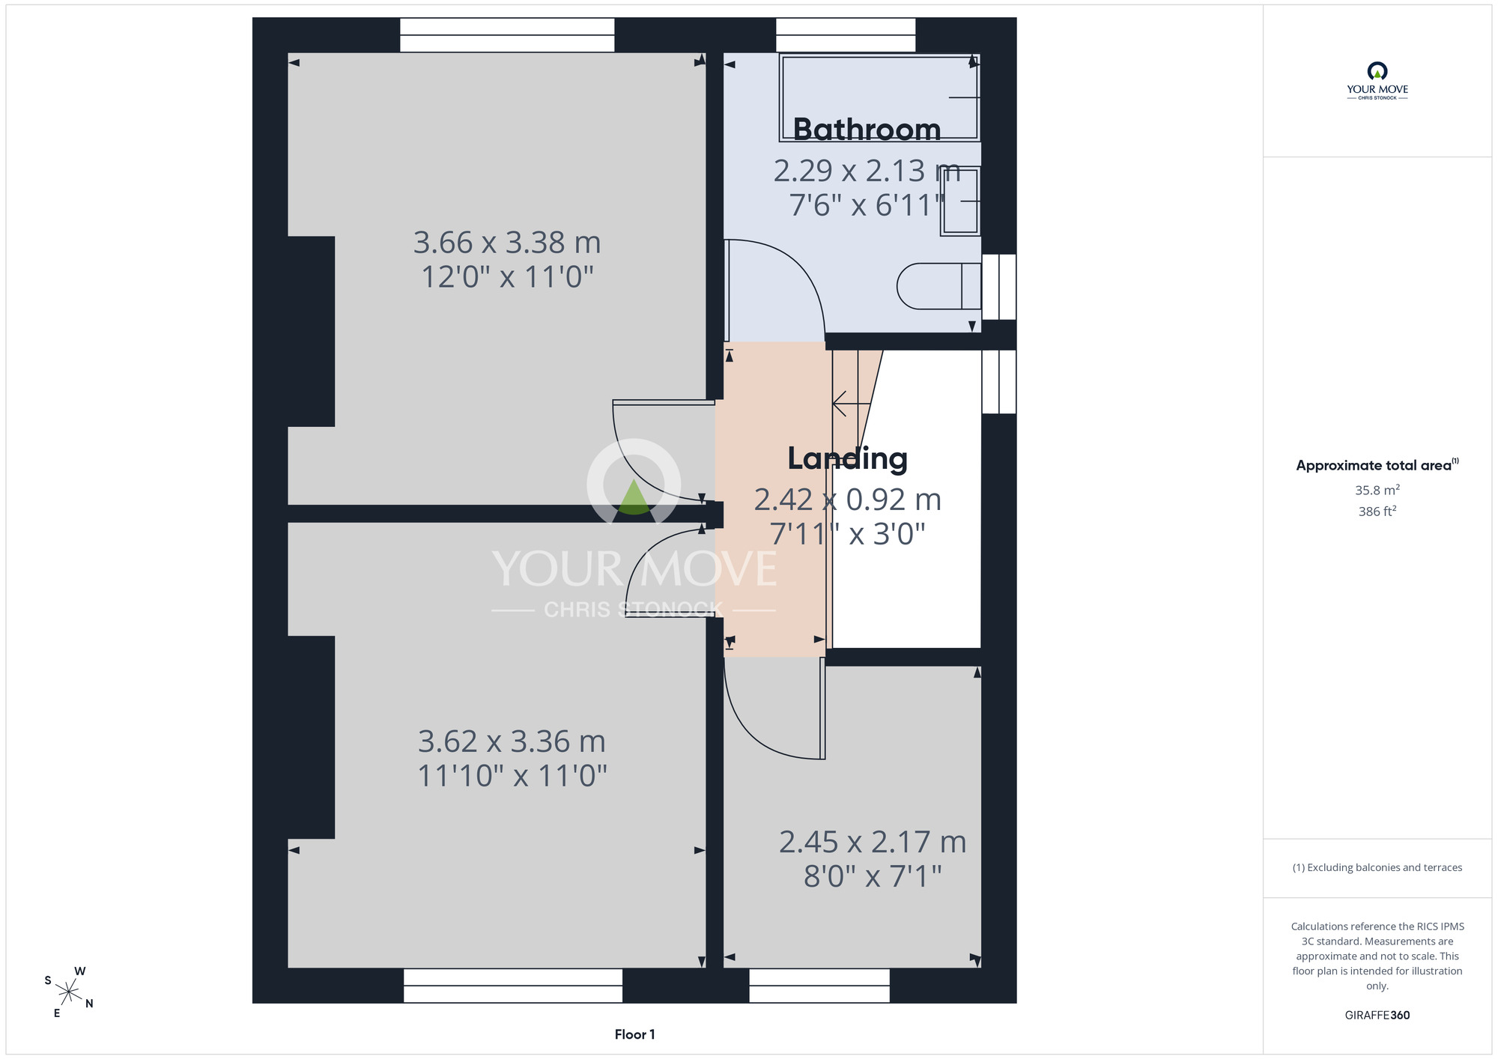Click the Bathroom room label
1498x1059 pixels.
[x=867, y=130]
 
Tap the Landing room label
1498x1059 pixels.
[x=847, y=458]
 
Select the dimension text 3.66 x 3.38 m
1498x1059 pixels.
[x=507, y=243]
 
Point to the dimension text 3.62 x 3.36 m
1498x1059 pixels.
[x=512, y=741]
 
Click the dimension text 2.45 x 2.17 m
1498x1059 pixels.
[x=873, y=842]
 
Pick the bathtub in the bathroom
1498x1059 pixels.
[x=880, y=97]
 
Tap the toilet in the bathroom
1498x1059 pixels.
[x=939, y=286]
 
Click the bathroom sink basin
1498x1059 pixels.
[x=960, y=201]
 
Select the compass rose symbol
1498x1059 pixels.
[x=69, y=992]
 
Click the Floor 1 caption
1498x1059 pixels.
[x=634, y=1034]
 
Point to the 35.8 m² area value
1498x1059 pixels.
[x=1377, y=490]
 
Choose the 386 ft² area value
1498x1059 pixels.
[x=1377, y=511]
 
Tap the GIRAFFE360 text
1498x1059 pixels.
[x=1377, y=1015]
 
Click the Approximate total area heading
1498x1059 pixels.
[x=1377, y=464]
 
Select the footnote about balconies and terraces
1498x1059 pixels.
[x=1377, y=867]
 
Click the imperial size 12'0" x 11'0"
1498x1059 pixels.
[x=507, y=277]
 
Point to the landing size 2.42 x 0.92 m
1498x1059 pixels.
[x=847, y=500]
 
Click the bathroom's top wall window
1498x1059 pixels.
[x=846, y=34]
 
